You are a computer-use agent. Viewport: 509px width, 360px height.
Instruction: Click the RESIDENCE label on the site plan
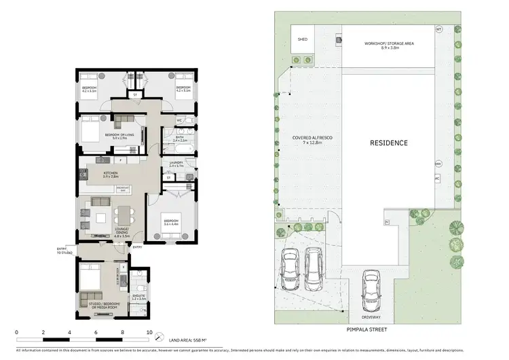point(388,143)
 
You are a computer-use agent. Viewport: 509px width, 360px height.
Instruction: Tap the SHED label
point(303,39)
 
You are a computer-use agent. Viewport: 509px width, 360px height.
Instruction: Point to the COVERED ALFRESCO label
point(312,141)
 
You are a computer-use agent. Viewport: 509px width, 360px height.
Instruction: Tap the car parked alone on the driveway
point(371,285)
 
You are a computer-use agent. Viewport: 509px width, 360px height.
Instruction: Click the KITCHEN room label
point(110,175)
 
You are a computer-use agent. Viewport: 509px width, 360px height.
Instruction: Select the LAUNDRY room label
point(176,164)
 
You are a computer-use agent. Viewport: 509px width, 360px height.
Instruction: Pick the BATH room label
point(180,139)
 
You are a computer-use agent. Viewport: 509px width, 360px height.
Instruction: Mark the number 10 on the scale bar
point(149,332)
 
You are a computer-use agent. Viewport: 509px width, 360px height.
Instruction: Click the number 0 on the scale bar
point(16,332)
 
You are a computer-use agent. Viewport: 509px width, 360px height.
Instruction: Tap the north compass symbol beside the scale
point(158,338)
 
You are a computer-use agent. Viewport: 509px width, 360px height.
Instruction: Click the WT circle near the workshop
point(438,29)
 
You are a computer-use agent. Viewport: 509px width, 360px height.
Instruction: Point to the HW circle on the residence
point(438,164)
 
